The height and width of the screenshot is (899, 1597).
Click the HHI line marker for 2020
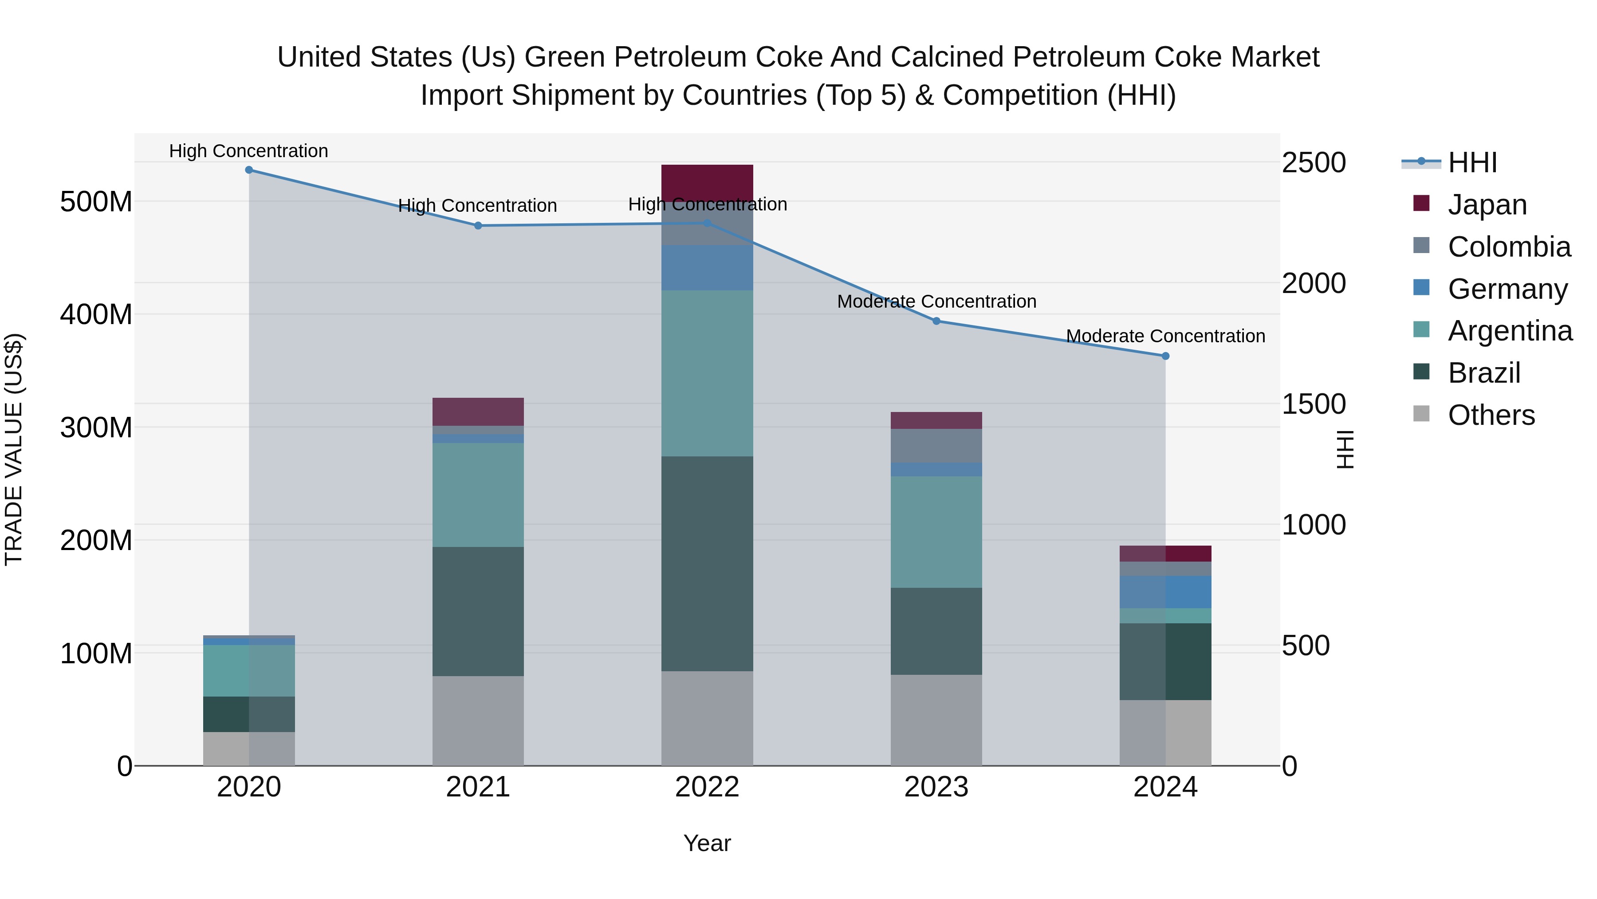pyautogui.click(x=248, y=170)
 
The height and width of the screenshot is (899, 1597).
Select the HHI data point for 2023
pyautogui.click(x=936, y=321)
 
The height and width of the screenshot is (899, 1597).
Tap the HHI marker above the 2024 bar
pyautogui.click(x=1165, y=356)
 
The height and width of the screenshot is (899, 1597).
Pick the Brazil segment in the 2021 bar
pyautogui.click(x=477, y=611)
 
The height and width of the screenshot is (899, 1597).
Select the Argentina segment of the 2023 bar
pyautogui.click(x=936, y=532)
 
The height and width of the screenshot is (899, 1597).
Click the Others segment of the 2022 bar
pyautogui.click(x=707, y=718)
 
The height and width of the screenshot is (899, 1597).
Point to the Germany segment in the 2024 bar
pyautogui.click(x=1165, y=591)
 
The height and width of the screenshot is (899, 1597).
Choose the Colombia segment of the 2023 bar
pyautogui.click(x=936, y=445)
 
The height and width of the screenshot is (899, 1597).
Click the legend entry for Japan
pyautogui.click(x=1487, y=205)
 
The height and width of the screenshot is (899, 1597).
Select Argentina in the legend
pyautogui.click(x=1510, y=331)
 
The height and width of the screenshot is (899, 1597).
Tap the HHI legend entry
pyautogui.click(x=1472, y=162)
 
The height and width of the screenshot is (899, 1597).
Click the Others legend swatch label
pyautogui.click(x=1491, y=415)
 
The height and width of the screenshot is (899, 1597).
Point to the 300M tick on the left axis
pyautogui.click(x=96, y=428)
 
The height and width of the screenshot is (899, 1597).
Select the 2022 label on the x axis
pyautogui.click(x=707, y=787)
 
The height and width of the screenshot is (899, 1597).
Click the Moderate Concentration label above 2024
pyautogui.click(x=1165, y=336)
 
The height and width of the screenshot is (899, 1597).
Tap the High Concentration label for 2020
pyautogui.click(x=248, y=151)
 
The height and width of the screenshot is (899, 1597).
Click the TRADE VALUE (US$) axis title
pyautogui.click(x=14, y=449)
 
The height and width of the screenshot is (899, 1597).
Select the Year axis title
pyautogui.click(x=707, y=843)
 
